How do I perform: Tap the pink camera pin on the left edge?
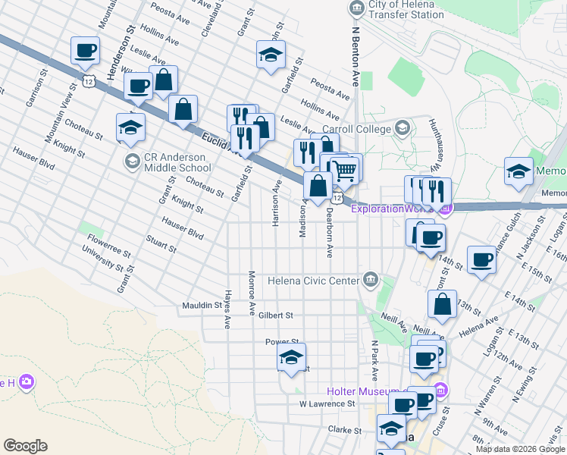tap(27, 381)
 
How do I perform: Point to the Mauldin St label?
tap(201, 306)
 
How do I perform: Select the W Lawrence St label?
tap(327, 404)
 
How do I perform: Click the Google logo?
tap(25, 446)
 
